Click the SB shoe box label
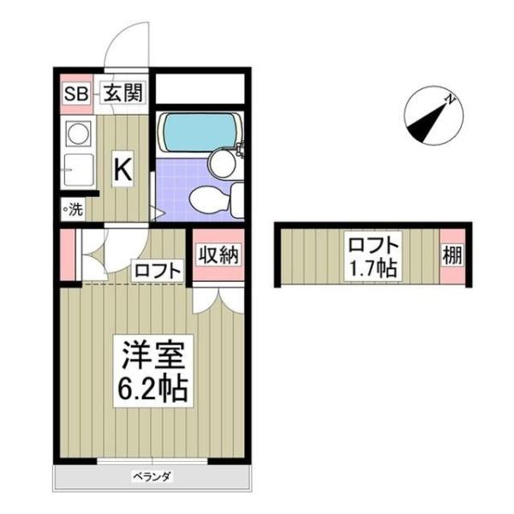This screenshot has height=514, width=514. [x=75, y=93]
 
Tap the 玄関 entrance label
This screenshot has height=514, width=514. [x=123, y=93]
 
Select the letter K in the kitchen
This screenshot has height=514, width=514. [x=123, y=170]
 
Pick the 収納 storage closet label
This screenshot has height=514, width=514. [x=216, y=254]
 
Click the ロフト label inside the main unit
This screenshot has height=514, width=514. [x=158, y=272]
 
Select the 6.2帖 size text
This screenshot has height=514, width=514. [x=146, y=391]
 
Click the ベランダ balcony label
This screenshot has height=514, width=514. [x=152, y=476]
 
